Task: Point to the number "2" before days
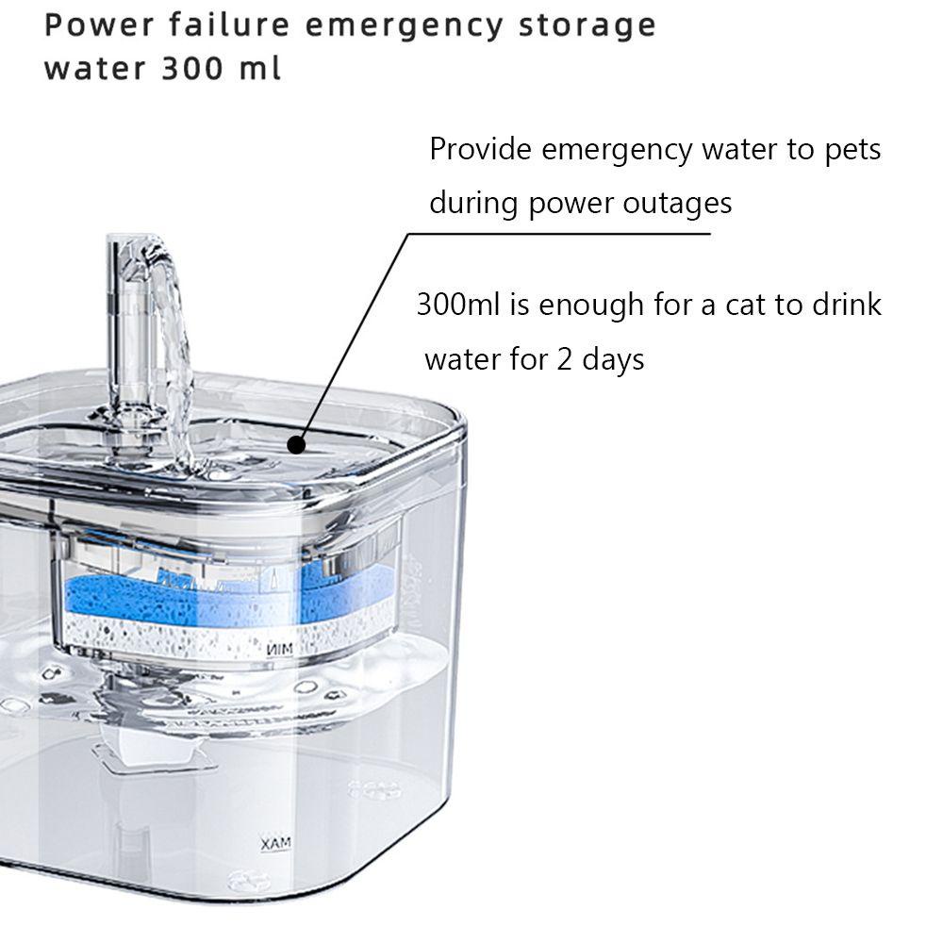coord(564,359)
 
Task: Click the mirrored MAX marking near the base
coord(276,842)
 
